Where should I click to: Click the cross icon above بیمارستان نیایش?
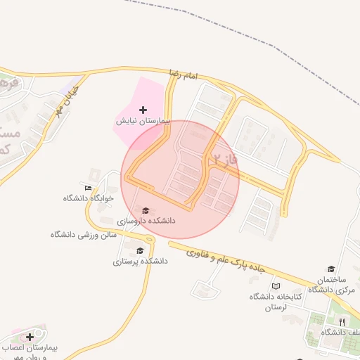(x=143, y=110)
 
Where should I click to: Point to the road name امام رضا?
(x=185, y=74)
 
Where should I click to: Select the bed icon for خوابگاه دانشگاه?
(x=88, y=188)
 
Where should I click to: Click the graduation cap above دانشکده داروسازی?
(x=146, y=210)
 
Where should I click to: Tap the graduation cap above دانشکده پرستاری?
(x=140, y=250)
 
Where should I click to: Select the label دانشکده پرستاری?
(x=141, y=261)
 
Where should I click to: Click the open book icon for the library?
(x=276, y=286)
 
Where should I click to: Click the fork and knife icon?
(x=342, y=321)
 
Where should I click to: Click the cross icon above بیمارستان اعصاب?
(x=30, y=337)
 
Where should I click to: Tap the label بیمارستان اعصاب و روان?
(x=32, y=352)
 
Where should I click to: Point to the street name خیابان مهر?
(x=72, y=98)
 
